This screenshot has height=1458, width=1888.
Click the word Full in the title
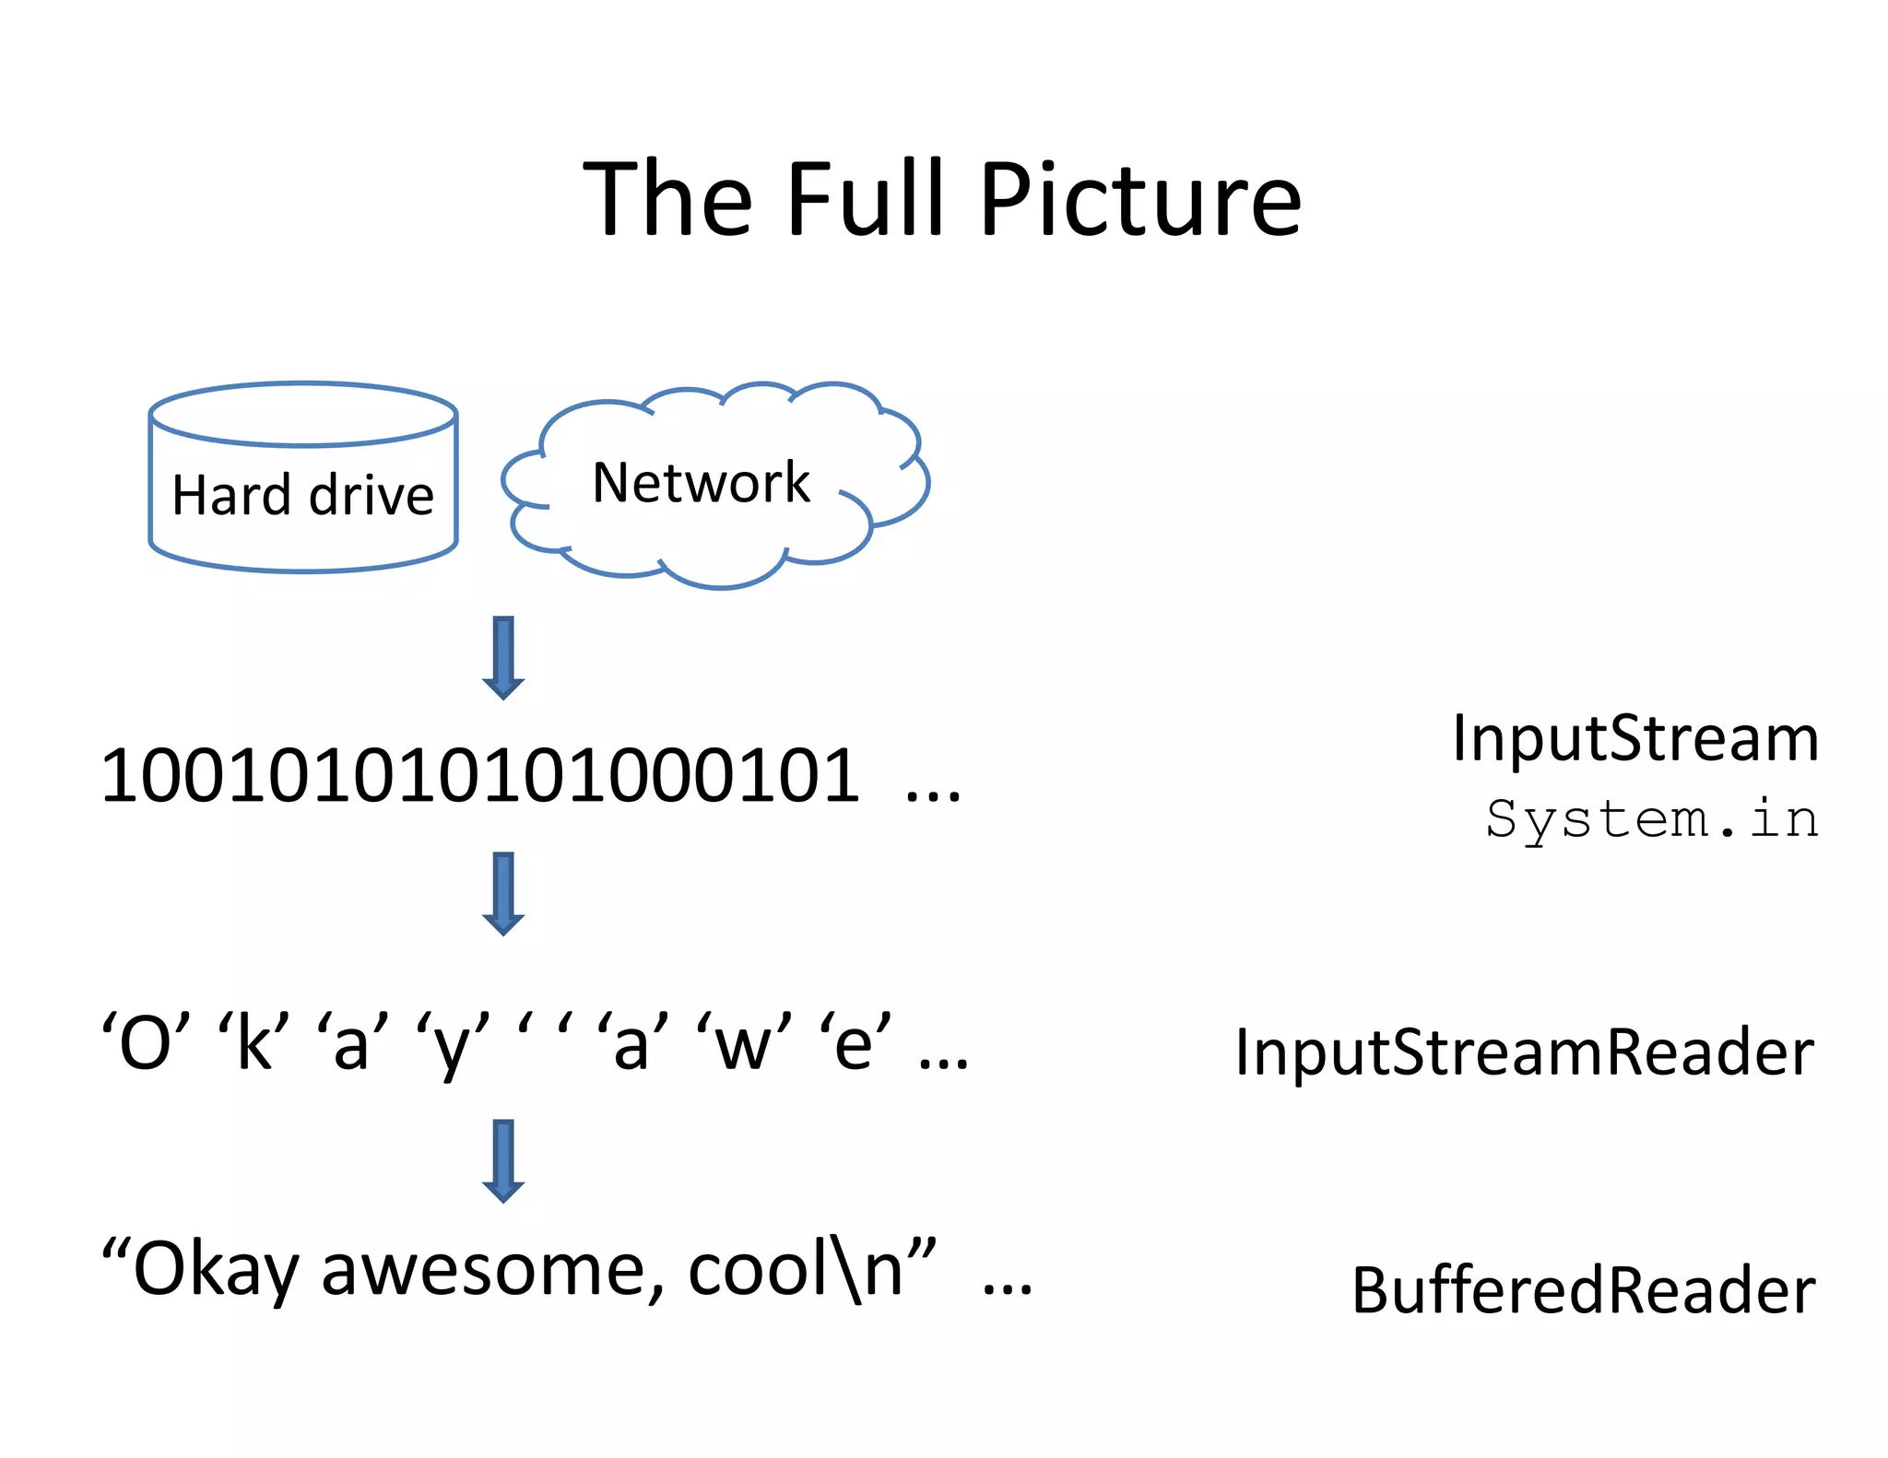click(x=867, y=199)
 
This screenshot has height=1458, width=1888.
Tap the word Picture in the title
click(x=1140, y=199)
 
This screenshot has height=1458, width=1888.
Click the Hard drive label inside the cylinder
click(x=302, y=495)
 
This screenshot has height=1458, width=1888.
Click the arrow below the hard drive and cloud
click(x=503, y=657)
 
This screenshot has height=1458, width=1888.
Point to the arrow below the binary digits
click(x=503, y=892)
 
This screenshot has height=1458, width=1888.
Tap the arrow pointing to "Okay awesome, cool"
click(x=503, y=1159)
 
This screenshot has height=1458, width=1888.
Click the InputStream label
click(x=1634, y=738)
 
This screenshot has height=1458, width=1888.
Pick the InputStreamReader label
click(x=1524, y=1052)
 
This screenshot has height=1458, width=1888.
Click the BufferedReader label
click(x=1583, y=1290)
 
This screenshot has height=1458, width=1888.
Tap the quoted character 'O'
click(x=146, y=1043)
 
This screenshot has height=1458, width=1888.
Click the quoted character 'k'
click(x=254, y=1043)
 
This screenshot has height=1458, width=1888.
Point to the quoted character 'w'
click(x=743, y=1043)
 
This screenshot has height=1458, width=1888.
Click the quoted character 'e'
click(x=855, y=1043)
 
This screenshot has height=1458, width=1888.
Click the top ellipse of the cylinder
click(x=302, y=415)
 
